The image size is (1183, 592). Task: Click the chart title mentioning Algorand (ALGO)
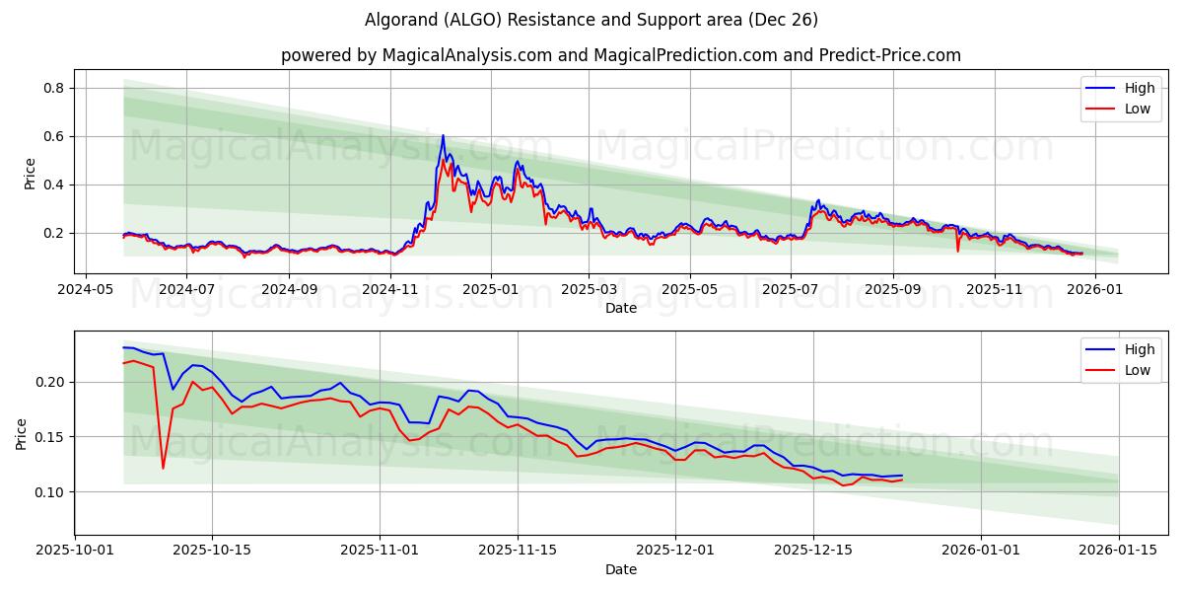pos(591,20)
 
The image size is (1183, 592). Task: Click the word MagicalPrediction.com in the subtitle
pos(677,55)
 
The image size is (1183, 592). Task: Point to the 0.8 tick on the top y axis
pos(53,88)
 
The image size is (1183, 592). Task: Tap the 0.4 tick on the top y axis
pos(53,185)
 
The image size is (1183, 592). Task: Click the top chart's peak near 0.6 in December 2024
pos(443,135)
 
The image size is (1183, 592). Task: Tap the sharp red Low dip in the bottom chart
pos(163,468)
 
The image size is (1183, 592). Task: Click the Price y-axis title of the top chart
pos(30,173)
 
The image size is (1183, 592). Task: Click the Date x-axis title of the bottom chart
pos(621,569)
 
